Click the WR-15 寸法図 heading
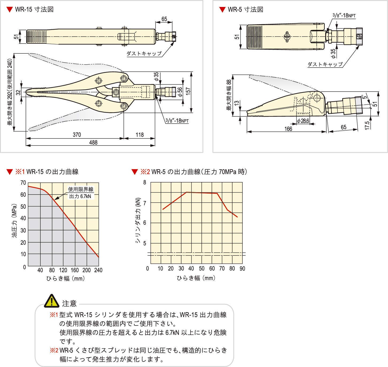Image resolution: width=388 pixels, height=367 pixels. coord(34,9)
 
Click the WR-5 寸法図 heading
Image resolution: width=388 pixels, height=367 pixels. coord(245,9)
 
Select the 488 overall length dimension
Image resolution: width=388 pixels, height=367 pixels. coord(93,142)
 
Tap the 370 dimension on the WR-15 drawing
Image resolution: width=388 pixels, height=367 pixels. coord(77,135)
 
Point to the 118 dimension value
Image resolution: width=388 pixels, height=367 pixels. coord(139,135)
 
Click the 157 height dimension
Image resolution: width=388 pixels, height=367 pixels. coord(188,91)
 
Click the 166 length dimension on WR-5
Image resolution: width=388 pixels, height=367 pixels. coord(288,129)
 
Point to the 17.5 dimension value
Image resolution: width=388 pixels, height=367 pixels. coord(367,125)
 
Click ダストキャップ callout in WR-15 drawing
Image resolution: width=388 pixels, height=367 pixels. coord(144,53)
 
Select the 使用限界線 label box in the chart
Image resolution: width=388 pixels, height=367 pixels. coord(80,193)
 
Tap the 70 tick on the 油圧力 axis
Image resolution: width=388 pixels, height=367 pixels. coord(23,183)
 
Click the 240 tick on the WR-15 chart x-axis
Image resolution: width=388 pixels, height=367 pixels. coord(98,270)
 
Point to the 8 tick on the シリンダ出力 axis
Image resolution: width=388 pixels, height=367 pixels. coord(145,183)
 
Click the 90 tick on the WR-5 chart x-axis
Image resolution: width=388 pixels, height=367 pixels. coord(242,269)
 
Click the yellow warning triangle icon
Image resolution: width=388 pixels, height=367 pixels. coord(52,301)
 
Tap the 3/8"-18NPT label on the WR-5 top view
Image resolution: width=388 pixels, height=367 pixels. coord(344,15)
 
